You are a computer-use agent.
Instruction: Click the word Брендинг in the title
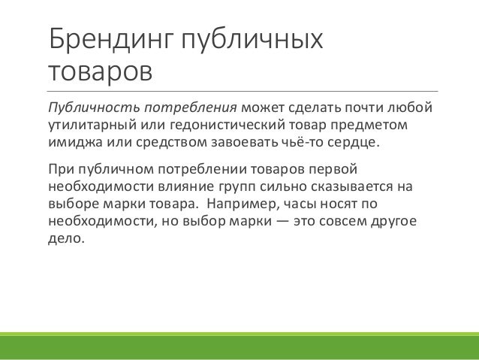pyautogui.click(x=111, y=40)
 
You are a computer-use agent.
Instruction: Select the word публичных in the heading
pyautogui.click(x=252, y=40)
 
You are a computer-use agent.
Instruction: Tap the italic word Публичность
pyautogui.click(x=94, y=108)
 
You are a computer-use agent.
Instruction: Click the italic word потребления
pyautogui.click(x=191, y=108)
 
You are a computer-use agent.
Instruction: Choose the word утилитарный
pyautogui.click(x=92, y=125)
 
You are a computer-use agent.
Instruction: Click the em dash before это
pyautogui.click(x=282, y=221)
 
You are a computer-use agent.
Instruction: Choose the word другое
pyautogui.click(x=393, y=222)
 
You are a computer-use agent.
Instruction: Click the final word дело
pyautogui.click(x=66, y=239)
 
